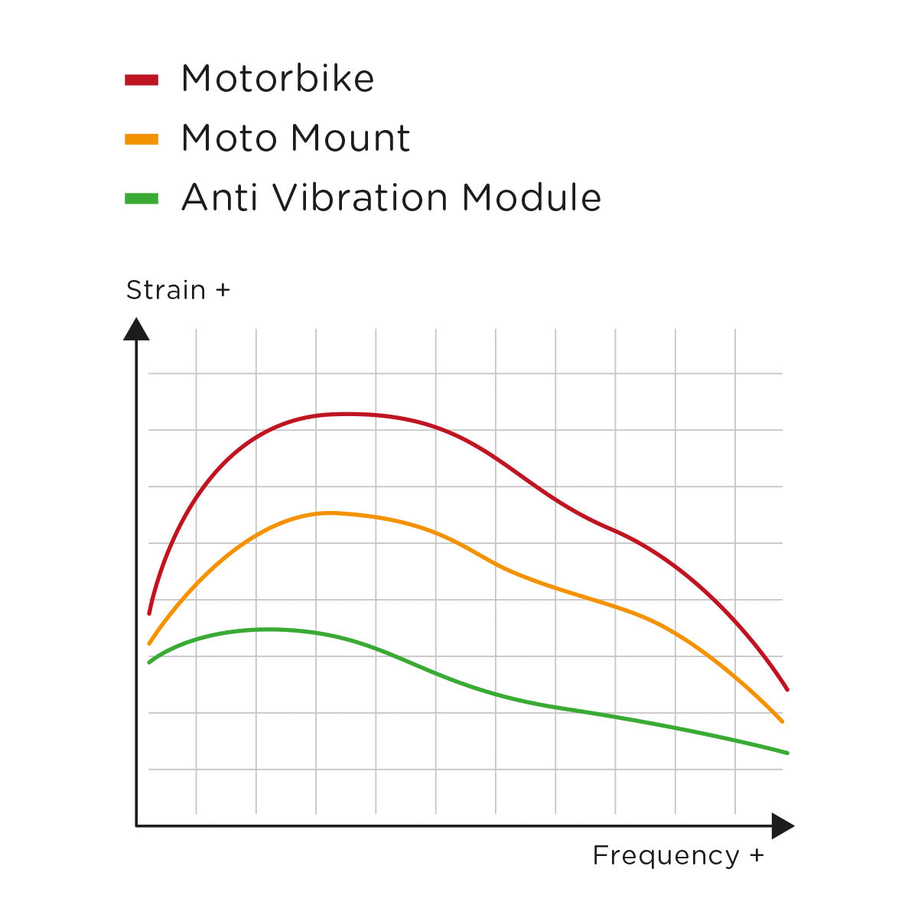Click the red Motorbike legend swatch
142,79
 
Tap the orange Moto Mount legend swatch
142,139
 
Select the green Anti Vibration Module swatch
142,199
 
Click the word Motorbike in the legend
278,79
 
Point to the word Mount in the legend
350,138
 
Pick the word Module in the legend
532,198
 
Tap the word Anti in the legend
219,198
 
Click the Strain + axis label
177,291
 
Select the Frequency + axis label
678,855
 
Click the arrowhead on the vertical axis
136,330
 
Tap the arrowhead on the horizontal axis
783,826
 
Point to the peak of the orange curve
329,513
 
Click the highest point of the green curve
268,629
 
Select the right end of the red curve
787,689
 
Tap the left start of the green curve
149,662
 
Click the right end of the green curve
787,753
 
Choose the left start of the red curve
149,613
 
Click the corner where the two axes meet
136,826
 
